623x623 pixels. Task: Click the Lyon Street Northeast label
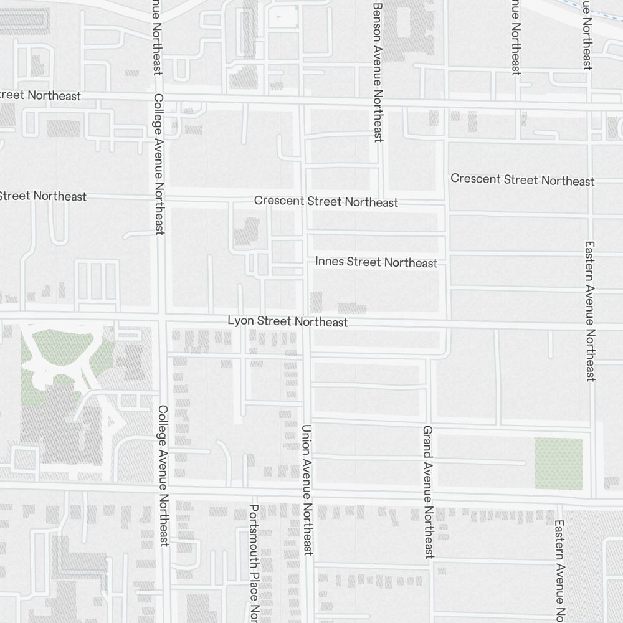tap(287, 321)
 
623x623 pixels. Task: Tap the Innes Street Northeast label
tap(376, 262)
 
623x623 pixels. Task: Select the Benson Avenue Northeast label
tap(377, 72)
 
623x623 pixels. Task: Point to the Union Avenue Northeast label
tap(307, 490)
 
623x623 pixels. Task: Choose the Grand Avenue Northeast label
tap(428, 492)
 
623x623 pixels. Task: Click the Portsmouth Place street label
tap(254, 561)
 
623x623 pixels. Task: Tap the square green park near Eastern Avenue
tap(559, 463)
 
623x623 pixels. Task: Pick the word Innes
tap(330, 260)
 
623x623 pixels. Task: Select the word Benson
tap(377, 22)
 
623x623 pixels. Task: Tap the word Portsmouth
tap(254, 533)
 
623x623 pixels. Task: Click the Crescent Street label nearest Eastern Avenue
tap(522, 180)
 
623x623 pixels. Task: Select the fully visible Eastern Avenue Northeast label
tap(591, 311)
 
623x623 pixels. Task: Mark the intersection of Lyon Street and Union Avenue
tap(307, 318)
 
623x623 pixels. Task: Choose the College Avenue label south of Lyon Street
tap(163, 476)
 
